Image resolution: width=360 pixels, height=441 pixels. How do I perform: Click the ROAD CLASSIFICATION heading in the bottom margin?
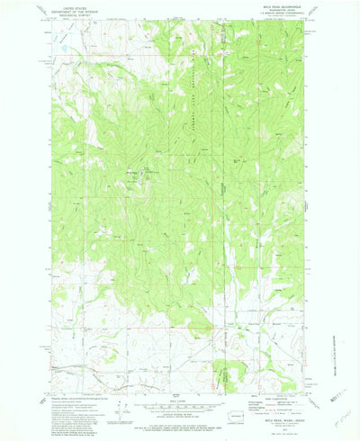click(x=266, y=390)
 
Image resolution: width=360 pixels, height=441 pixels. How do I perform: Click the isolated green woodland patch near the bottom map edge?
click(x=227, y=369)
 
